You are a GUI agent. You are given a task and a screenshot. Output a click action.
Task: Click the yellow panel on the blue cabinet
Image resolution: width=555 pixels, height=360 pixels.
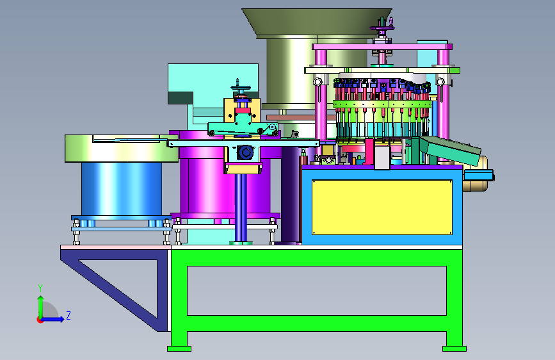(x=382, y=208)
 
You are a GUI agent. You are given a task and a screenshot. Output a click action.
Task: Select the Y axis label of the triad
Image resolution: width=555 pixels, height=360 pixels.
(x=40, y=288)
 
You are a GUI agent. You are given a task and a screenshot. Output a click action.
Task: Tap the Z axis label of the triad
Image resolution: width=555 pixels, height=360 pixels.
(x=68, y=315)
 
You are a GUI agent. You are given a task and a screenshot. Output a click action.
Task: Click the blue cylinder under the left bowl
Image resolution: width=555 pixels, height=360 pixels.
(x=122, y=189)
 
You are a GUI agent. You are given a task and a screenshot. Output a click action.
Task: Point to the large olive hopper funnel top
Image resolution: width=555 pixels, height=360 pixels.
(x=317, y=22)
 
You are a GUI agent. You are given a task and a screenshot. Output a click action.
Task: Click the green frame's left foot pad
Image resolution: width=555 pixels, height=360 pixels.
(x=179, y=348)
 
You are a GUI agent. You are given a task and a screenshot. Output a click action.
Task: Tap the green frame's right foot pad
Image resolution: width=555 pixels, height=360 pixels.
(x=454, y=348)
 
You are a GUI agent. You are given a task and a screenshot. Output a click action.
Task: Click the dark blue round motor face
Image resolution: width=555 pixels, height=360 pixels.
(x=245, y=152)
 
